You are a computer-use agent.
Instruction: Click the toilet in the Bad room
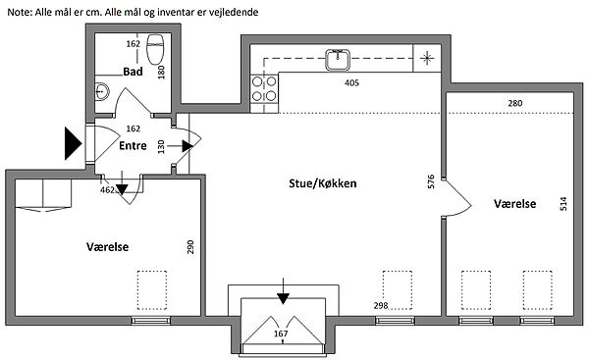pyautogui.click(x=155, y=50)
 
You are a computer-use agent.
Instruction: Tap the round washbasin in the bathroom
pyautogui.click(x=101, y=91)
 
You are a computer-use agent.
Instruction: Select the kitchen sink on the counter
pyautogui.click(x=338, y=60)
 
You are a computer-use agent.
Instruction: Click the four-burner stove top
pyautogui.click(x=264, y=88)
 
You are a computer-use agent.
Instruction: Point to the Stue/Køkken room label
pyautogui.click(x=323, y=183)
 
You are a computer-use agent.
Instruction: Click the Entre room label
pyautogui.click(x=133, y=145)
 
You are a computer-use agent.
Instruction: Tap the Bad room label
pyautogui.click(x=133, y=72)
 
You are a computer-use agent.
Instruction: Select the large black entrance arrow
pyautogui.click(x=74, y=143)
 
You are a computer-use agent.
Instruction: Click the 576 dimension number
pyautogui.click(x=431, y=181)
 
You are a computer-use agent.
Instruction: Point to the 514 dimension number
pyautogui.click(x=563, y=204)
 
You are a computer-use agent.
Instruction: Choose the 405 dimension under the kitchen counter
pyautogui.click(x=351, y=82)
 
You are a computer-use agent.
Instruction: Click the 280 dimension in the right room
pyautogui.click(x=515, y=103)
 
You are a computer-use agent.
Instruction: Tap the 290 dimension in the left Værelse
pyautogui.click(x=190, y=247)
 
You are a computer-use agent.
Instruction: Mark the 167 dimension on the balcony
pyautogui.click(x=281, y=334)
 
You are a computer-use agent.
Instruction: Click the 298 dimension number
pyautogui.click(x=381, y=306)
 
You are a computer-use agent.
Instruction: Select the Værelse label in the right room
pyautogui.click(x=515, y=204)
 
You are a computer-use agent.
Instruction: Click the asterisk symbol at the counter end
pyautogui.click(x=427, y=58)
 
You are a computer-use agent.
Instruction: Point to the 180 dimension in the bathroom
pyautogui.click(x=161, y=72)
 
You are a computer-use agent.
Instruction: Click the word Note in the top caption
pyautogui.click(x=20, y=12)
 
